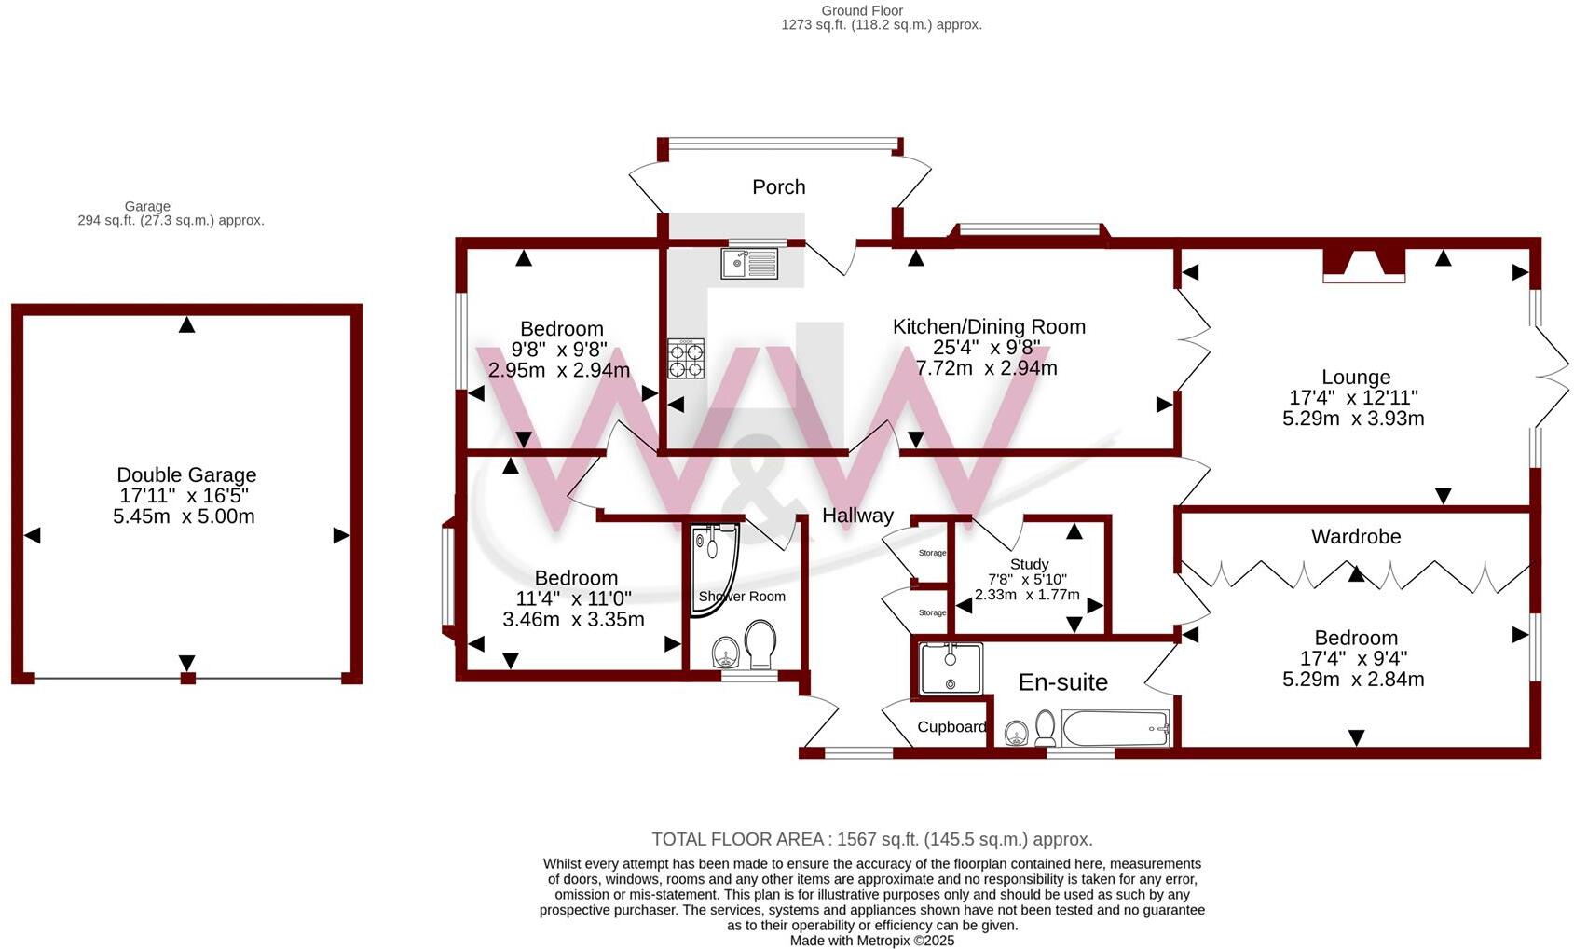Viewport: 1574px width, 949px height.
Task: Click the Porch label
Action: [778, 187]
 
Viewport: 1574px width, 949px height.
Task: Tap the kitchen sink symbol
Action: [749, 264]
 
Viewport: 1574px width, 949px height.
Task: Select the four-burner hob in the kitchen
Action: [686, 358]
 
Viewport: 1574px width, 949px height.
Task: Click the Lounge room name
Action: [1355, 378]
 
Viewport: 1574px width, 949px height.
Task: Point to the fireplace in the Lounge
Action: [1363, 264]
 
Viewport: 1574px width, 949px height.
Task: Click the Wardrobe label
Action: [1355, 537]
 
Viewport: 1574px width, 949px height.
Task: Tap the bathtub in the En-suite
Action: [1115, 728]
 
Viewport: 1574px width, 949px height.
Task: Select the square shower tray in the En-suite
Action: [950, 668]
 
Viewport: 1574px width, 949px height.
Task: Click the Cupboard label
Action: [951, 727]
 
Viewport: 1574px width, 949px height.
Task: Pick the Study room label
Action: [1029, 564]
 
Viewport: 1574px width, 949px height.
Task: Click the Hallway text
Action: [857, 516]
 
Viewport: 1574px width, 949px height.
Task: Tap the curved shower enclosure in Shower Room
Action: [713, 569]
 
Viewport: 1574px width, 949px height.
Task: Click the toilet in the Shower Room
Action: [760, 645]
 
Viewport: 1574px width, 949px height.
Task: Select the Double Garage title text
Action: [186, 475]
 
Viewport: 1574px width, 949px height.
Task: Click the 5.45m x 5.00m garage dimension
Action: [184, 516]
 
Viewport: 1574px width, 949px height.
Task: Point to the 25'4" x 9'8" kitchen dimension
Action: [986, 348]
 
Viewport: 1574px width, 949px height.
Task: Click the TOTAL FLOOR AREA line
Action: [871, 839]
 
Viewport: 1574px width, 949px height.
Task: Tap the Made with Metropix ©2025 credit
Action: [871, 941]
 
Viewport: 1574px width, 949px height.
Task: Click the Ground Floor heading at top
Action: [862, 11]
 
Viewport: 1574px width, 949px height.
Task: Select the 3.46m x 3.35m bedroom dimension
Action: [573, 619]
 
